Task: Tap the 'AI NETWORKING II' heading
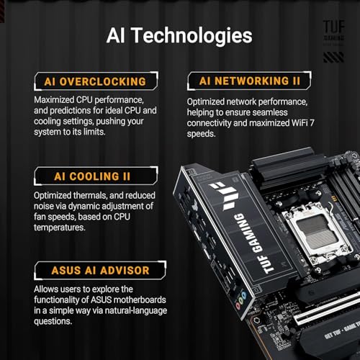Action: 245,81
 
